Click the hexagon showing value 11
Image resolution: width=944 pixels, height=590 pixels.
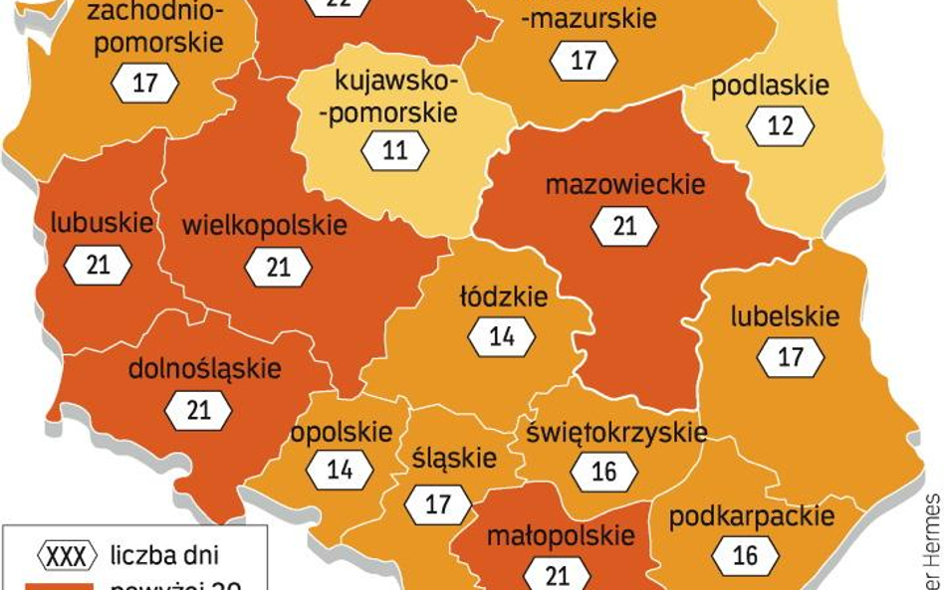click(395, 151)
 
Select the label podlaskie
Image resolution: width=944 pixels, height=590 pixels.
click(770, 85)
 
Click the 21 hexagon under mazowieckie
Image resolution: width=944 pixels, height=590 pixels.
click(624, 227)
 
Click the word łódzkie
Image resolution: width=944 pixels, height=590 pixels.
click(503, 296)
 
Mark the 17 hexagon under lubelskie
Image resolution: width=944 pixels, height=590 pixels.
click(791, 357)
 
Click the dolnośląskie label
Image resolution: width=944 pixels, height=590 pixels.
click(205, 368)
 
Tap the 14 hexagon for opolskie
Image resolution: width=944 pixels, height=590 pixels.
click(340, 470)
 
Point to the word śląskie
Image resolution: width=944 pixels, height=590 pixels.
click(453, 458)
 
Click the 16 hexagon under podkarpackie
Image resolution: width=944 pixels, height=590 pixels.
click(745, 555)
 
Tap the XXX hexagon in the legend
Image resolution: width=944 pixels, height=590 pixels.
click(67, 555)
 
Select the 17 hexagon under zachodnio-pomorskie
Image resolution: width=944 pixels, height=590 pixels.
click(145, 83)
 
